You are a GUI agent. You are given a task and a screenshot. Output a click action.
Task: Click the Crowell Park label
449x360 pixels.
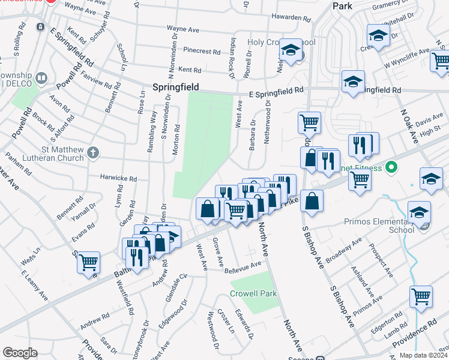pos(253,294)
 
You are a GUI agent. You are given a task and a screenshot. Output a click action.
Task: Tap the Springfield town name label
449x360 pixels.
pos(175,87)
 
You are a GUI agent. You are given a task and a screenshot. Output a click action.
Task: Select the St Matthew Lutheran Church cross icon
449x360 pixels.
pos(92,153)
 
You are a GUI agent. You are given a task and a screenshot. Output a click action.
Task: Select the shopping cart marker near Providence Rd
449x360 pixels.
pos(421,296)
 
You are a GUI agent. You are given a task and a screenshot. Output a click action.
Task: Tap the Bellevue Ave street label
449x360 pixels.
pos(243,265)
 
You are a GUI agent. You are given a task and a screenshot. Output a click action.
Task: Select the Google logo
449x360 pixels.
pos(20,353)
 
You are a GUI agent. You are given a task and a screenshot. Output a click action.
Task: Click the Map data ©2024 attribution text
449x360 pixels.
pos(424,355)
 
